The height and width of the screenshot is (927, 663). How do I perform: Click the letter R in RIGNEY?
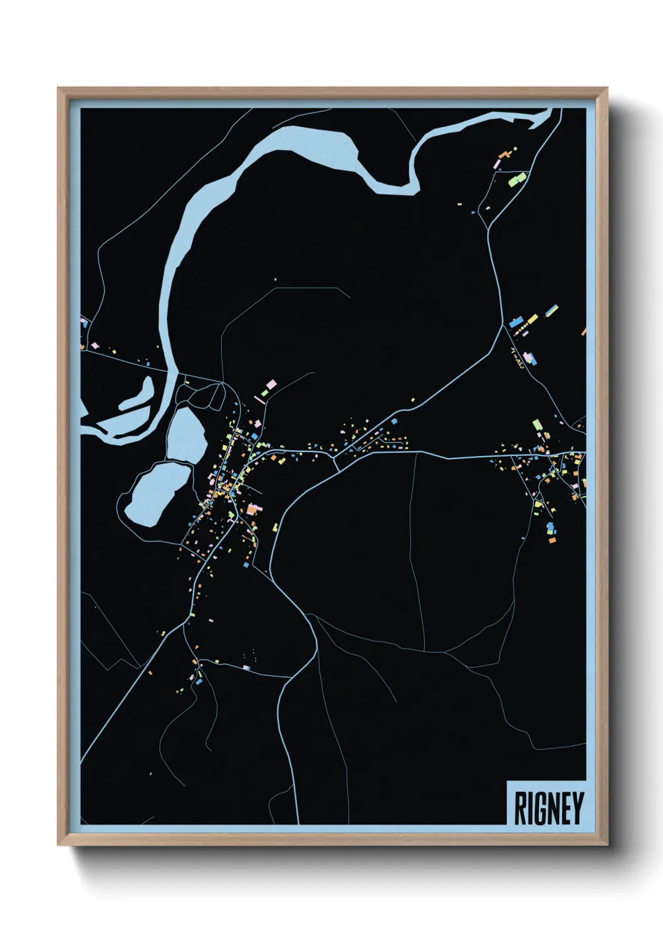(519, 809)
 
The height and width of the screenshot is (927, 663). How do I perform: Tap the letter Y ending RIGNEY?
(577, 809)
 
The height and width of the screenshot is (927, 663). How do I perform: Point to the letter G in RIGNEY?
(538, 809)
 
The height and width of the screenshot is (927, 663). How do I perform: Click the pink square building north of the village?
(271, 384)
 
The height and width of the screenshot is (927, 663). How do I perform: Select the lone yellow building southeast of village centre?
(274, 527)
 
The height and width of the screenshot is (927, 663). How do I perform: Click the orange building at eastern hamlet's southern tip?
(552, 539)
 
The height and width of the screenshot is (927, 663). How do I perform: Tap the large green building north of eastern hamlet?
(537, 425)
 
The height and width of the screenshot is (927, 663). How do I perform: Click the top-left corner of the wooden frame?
(58, 88)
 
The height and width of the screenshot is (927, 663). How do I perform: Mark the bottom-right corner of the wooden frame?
(607, 844)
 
